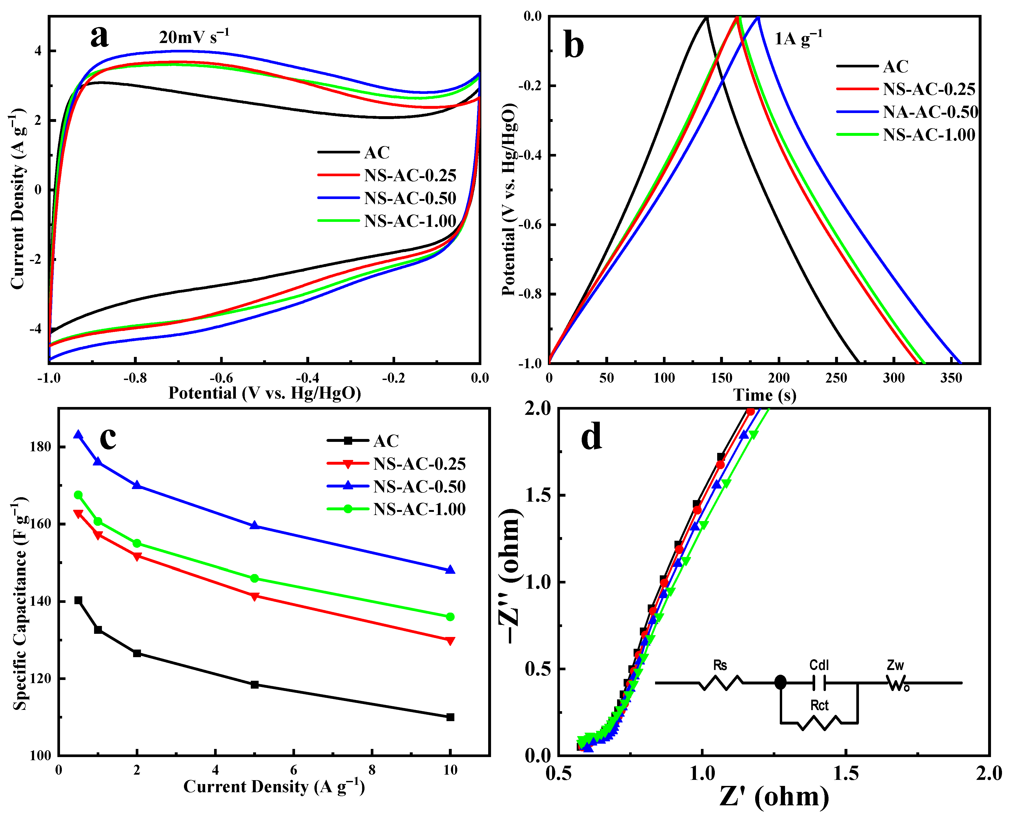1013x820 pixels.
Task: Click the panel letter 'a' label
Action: pyautogui.click(x=100, y=37)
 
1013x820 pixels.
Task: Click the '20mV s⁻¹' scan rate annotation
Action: pyautogui.click(x=194, y=36)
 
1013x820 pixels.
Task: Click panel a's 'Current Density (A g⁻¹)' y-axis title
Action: pyautogui.click(x=18, y=199)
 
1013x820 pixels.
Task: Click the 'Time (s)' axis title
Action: pyautogui.click(x=765, y=395)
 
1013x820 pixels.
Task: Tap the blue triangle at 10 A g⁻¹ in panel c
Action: pyautogui.click(x=450, y=570)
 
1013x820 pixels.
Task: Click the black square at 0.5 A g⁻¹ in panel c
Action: pyautogui.click(x=78, y=600)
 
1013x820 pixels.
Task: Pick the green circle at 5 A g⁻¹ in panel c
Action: pyautogui.click(x=254, y=578)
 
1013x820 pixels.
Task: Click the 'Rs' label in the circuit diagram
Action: pyautogui.click(x=720, y=665)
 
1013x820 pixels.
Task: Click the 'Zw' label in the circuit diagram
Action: pyautogui.click(x=895, y=665)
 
